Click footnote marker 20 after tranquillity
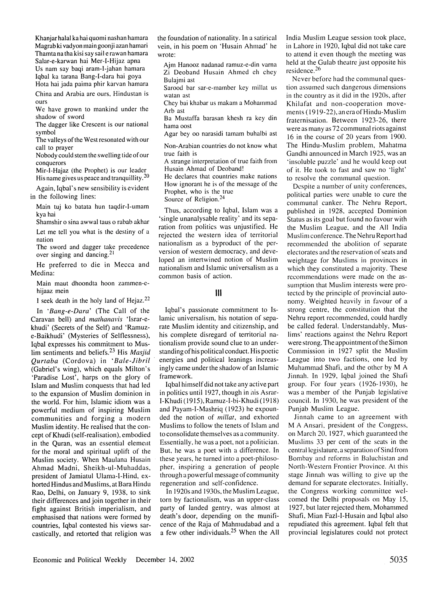146,176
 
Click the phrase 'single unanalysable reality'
200,219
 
